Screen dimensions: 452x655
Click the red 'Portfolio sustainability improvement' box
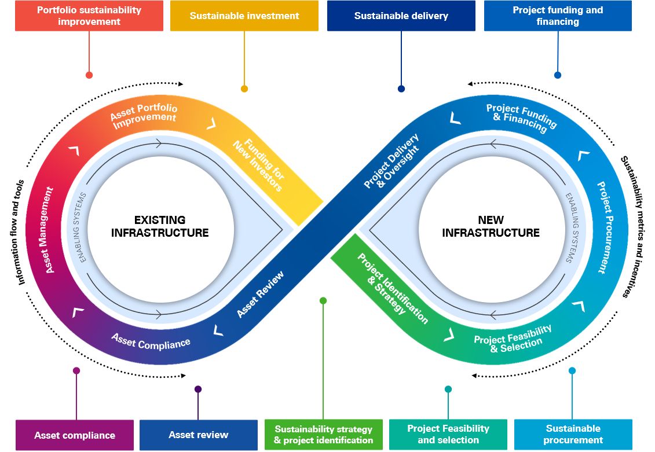[89, 16]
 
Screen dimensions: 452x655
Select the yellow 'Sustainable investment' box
[244, 16]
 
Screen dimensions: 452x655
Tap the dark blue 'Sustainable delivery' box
[401, 16]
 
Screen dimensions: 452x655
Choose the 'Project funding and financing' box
[558, 16]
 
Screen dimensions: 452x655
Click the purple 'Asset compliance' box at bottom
[75, 435]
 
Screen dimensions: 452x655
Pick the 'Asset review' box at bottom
[198, 435]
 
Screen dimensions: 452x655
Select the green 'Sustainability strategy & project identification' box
[324, 435]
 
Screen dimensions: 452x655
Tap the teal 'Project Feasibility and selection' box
[448, 434]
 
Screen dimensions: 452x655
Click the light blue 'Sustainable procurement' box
[573, 434]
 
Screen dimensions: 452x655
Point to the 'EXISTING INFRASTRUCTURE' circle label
[160, 226]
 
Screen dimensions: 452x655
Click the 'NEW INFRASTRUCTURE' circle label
[491, 226]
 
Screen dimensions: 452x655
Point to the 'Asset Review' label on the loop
[261, 294]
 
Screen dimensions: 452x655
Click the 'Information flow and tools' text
[21, 231]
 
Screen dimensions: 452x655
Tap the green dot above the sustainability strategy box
[323, 300]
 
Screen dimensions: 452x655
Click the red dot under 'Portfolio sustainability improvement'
[89, 75]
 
